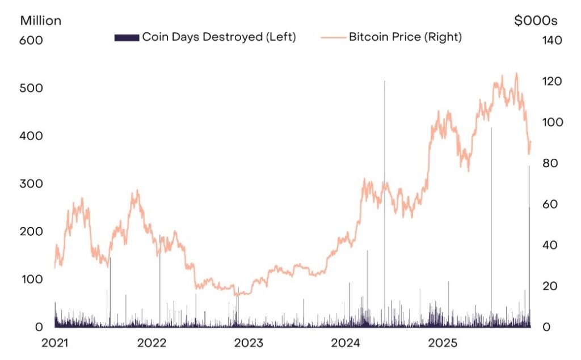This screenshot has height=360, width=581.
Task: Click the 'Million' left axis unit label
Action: [41, 21]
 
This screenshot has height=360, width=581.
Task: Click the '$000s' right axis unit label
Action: [536, 21]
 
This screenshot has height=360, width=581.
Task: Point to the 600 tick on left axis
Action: [31, 41]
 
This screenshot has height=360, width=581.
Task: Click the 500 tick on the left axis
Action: [31, 88]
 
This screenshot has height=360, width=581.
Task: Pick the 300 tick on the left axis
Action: [31, 184]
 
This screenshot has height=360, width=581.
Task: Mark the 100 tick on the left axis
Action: [31, 279]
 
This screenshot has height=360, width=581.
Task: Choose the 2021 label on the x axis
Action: [55, 344]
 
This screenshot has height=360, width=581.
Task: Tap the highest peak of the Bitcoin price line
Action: [516, 73]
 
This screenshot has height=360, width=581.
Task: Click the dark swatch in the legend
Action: [127, 37]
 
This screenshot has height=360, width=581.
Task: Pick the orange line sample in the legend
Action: [332, 37]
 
